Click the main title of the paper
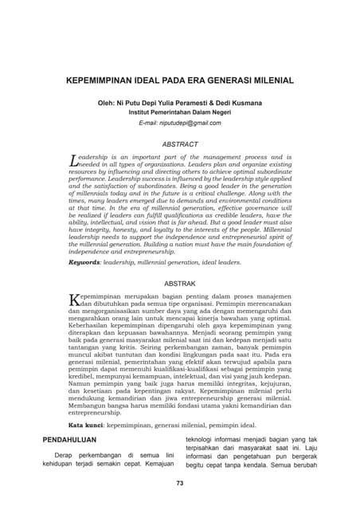click(x=180, y=80)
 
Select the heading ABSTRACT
click(x=180, y=144)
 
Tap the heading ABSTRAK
click(x=180, y=283)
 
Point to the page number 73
click(x=180, y=483)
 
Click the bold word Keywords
click(x=84, y=261)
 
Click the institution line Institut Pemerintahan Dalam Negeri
click(x=180, y=112)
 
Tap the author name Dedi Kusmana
click(x=238, y=102)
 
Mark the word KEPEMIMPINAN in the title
click(x=99, y=80)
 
